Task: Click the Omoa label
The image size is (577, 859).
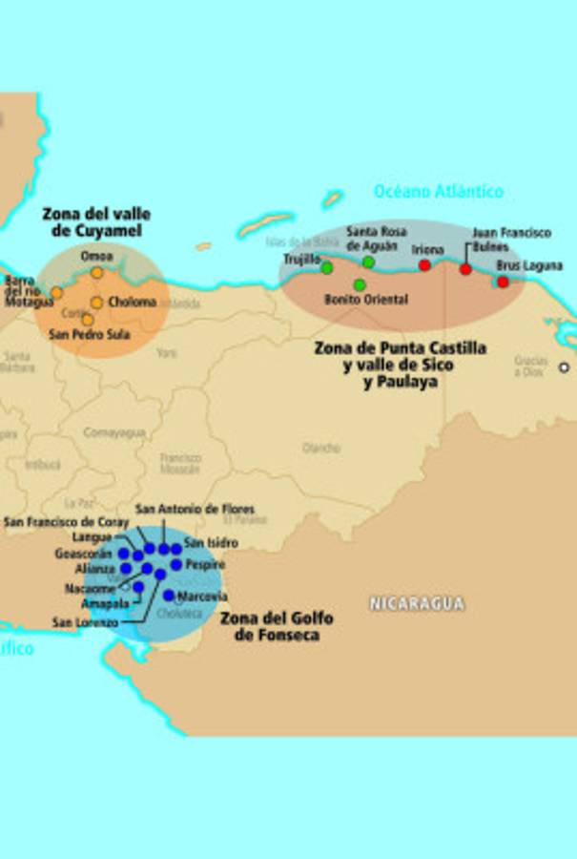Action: (x=96, y=256)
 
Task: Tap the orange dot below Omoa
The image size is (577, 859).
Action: (x=96, y=273)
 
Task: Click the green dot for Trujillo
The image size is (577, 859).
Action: (x=327, y=268)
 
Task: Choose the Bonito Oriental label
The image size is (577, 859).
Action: (x=366, y=300)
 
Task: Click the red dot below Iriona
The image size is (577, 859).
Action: (x=424, y=265)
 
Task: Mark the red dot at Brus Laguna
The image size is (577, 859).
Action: (x=503, y=282)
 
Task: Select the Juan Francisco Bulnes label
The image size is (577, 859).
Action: (x=511, y=240)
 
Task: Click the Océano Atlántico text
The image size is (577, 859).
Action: (x=439, y=191)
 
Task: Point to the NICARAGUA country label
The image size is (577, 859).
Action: (x=417, y=603)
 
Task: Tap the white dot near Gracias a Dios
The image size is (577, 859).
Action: (x=564, y=367)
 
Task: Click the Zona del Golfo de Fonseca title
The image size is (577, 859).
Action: (x=277, y=626)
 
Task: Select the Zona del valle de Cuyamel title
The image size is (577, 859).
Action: (x=96, y=222)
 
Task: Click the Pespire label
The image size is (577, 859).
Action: (x=205, y=565)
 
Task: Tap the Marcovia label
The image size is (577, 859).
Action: (x=203, y=597)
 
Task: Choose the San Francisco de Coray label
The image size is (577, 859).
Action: (x=67, y=522)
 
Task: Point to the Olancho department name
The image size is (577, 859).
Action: (x=321, y=447)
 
